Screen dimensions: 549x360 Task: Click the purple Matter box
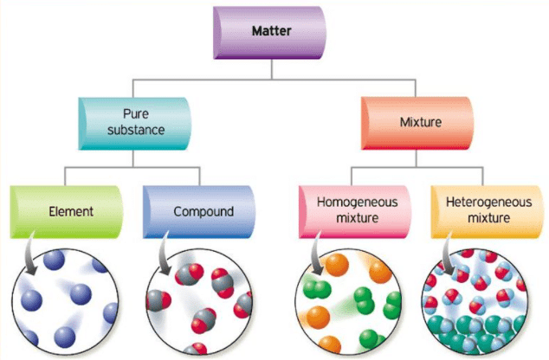pyautogui.click(x=269, y=33)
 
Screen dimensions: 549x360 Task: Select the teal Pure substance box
pyautogui.click(x=135, y=124)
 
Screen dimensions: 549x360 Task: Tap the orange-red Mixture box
pyautogui.click(x=417, y=123)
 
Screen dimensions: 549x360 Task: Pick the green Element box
pyautogui.click(x=67, y=212)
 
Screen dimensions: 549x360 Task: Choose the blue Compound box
pyautogui.click(x=199, y=212)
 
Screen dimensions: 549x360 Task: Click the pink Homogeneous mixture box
pyautogui.click(x=355, y=212)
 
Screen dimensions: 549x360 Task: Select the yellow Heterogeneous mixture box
pyautogui.click(x=487, y=212)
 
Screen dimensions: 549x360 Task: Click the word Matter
pyautogui.click(x=271, y=31)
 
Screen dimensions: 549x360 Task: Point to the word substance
pyautogui.click(x=136, y=130)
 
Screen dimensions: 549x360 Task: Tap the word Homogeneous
pyautogui.click(x=357, y=202)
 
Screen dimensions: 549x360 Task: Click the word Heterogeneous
pyautogui.click(x=488, y=202)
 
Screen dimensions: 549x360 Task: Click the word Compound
pyautogui.click(x=203, y=212)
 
